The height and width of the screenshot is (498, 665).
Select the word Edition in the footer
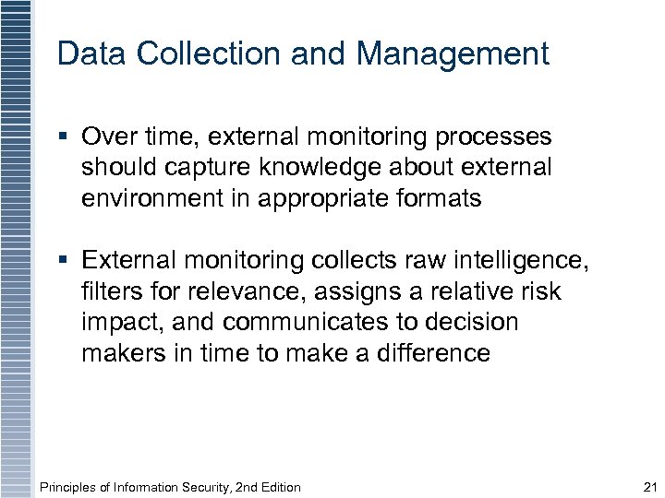(x=277, y=487)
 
